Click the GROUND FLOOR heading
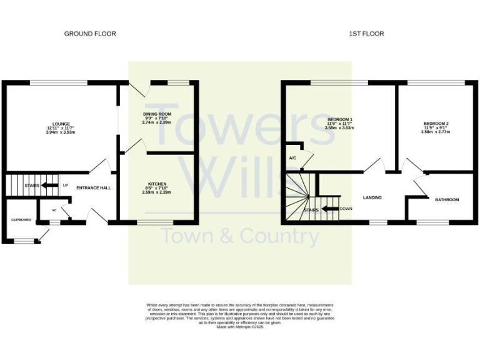click(x=90, y=34)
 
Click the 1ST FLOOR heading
click(x=366, y=34)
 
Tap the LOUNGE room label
click(x=61, y=124)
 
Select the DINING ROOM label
click(x=157, y=114)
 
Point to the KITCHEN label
click(x=157, y=184)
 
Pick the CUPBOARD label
click(x=21, y=220)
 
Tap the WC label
click(x=54, y=211)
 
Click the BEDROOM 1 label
click(x=340, y=119)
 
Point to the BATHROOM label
click(x=447, y=199)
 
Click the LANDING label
click(x=372, y=197)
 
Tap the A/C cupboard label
click(x=292, y=158)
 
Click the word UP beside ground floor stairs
click(x=65, y=186)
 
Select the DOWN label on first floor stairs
click(x=346, y=208)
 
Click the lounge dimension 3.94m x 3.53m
click(x=61, y=132)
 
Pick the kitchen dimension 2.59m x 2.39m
click(x=157, y=192)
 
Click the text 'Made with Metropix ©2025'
click(x=240, y=327)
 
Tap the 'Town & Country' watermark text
click(x=240, y=237)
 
